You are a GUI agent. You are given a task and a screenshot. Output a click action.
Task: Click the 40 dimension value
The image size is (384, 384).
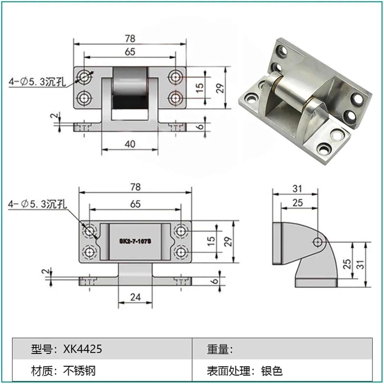click(130, 144)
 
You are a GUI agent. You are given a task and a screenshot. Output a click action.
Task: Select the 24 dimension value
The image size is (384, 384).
click(135, 297)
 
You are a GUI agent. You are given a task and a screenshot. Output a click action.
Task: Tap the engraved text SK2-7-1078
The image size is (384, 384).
click(135, 241)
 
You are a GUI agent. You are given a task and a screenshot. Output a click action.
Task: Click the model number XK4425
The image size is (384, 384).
click(82, 349)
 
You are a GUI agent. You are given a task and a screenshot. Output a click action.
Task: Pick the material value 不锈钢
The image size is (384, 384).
click(79, 371)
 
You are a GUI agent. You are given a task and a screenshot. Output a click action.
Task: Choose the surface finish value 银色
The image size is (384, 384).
click(272, 371)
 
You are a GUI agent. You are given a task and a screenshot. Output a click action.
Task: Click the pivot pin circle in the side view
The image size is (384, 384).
click(318, 241)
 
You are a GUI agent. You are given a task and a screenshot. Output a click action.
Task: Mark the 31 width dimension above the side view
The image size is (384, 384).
click(297, 189)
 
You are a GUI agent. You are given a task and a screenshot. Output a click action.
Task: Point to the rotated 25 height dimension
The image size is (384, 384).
click(347, 264)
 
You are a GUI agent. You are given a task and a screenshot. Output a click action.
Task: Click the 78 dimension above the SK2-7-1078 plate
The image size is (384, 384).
click(135, 187)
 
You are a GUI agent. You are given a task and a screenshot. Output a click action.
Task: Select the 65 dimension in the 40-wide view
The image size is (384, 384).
click(130, 52)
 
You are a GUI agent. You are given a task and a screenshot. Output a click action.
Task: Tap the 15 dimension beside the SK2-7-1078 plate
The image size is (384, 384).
click(211, 241)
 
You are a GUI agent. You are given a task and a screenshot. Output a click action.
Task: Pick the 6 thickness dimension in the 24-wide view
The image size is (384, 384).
click(215, 281)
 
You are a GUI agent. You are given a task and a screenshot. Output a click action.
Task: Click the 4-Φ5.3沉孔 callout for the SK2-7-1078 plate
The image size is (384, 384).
click(37, 204)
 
